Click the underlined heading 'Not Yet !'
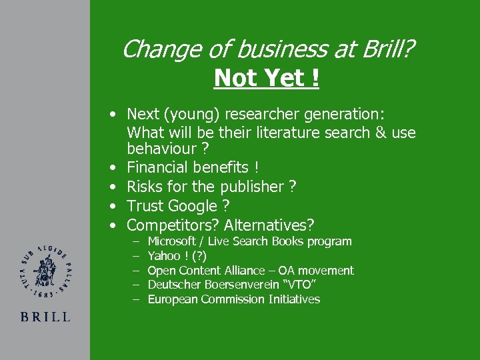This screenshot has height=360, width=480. [267, 78]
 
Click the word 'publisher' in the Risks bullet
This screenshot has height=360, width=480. [250, 187]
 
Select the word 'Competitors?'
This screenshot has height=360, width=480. [173, 226]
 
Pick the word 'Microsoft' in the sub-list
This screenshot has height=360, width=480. [171, 241]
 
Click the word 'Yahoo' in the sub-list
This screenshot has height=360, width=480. [163, 256]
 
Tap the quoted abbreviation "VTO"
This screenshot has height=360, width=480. [303, 285]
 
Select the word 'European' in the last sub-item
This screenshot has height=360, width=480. [172, 299]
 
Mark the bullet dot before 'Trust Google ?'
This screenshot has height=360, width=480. [115, 207]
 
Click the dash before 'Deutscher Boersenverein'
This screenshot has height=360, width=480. [135, 285]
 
